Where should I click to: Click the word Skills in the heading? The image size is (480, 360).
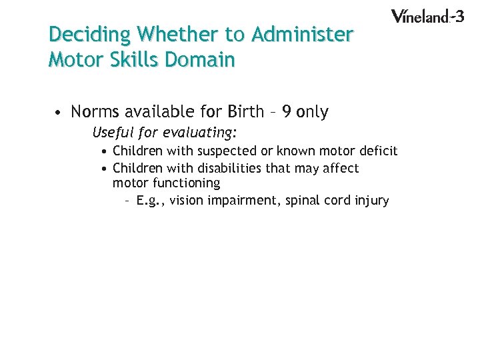point(130,60)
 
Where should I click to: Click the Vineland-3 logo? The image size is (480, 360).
point(427,16)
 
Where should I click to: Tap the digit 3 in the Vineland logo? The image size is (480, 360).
point(458,15)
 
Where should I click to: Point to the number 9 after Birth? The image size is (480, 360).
point(287,111)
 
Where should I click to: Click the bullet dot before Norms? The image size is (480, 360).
point(59,112)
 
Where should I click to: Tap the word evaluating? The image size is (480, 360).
point(201,132)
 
